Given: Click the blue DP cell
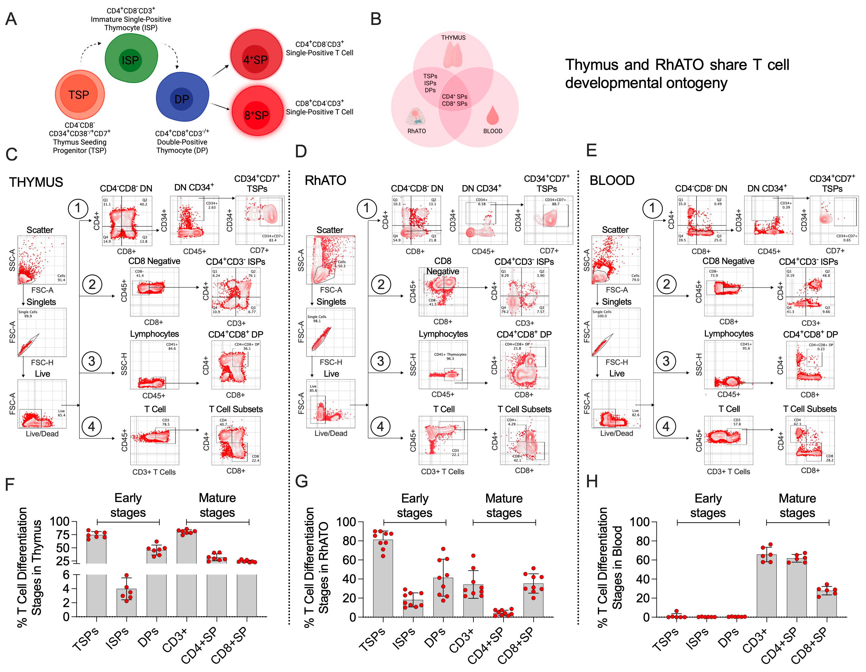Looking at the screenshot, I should point(182,97).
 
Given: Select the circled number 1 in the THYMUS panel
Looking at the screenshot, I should point(78,208).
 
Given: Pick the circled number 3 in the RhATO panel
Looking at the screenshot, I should point(381,361).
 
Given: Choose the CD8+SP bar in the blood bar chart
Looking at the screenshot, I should point(827,604).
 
